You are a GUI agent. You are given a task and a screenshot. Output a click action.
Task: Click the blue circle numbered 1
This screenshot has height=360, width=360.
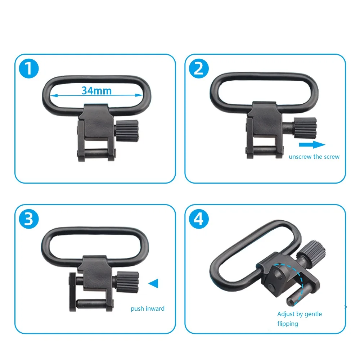tap(29, 68)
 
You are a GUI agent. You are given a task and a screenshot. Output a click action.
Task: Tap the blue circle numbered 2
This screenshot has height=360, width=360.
tap(199, 68)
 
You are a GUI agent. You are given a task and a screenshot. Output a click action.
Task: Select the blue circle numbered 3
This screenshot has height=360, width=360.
tap(29, 219)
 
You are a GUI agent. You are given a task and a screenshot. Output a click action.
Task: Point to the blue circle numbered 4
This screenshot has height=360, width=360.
tap(199, 219)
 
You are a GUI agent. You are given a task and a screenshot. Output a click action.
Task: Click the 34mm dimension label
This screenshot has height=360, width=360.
tap(96, 91)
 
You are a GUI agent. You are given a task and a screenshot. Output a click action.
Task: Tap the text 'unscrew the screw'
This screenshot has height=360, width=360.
tap(314, 157)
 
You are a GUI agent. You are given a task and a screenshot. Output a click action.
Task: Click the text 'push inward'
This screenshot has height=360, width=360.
tap(148, 309)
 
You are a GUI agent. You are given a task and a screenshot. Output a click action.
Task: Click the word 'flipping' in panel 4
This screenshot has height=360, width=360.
tap(288, 324)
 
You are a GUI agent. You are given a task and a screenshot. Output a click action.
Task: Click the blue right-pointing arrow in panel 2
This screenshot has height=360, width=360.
tap(312, 145)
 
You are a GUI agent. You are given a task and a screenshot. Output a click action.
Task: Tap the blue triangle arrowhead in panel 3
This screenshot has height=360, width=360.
tap(153, 283)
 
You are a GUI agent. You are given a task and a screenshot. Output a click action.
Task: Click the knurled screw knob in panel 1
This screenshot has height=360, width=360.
tap(127, 131)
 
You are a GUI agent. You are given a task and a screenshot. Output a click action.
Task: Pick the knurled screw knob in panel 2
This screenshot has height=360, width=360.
tap(305, 128)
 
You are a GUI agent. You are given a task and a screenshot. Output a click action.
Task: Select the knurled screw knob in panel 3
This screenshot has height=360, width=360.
tap(127, 282)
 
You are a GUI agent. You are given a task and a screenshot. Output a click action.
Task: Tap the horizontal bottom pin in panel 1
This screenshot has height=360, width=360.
tap(96, 153)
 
